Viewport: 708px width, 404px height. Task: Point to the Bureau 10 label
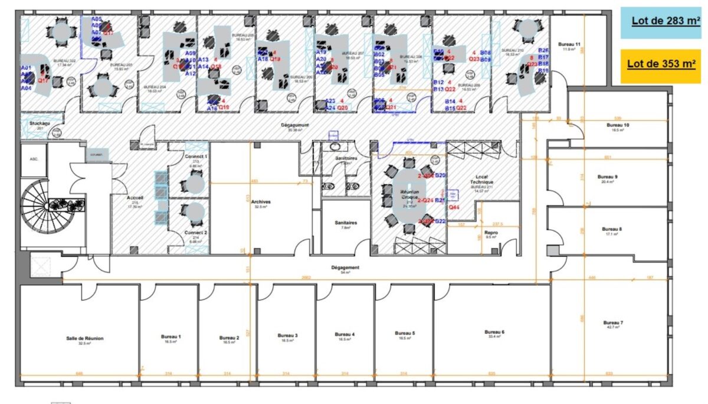(618, 125)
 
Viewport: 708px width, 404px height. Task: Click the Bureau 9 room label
(607, 177)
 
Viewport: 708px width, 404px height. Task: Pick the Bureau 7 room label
(613, 322)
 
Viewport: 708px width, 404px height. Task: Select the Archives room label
(260, 201)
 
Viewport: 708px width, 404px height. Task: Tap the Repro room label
(490, 233)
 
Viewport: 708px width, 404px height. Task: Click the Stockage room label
(40, 123)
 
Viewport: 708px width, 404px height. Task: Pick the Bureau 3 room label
(287, 335)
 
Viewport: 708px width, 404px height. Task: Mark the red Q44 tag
(454, 207)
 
